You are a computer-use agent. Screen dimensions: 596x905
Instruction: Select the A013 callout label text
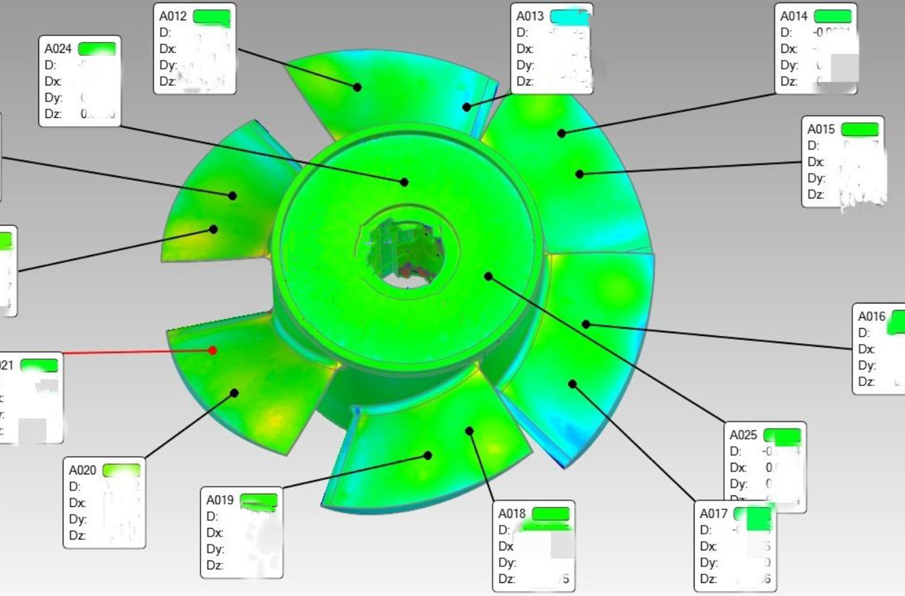(x=530, y=16)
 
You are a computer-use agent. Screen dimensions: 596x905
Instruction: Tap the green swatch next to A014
(x=833, y=16)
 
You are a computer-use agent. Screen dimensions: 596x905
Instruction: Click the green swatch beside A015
(x=859, y=129)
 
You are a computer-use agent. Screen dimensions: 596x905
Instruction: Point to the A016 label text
(x=872, y=316)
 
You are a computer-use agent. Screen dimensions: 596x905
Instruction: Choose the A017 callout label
(x=713, y=513)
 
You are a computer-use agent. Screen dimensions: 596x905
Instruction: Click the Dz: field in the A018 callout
(x=506, y=579)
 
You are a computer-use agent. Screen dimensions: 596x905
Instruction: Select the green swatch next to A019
(x=258, y=500)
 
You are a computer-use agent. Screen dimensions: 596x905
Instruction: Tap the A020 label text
(x=82, y=470)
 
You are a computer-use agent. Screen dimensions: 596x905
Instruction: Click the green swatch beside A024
(x=96, y=49)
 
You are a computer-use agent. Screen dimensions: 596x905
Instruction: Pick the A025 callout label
(x=743, y=435)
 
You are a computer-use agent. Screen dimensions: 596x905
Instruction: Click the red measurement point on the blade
(x=213, y=351)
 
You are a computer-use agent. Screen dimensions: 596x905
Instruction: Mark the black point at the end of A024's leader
(x=404, y=182)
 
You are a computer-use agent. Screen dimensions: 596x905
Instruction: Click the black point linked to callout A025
(x=488, y=277)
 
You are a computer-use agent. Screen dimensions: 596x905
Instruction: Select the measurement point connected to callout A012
(x=357, y=87)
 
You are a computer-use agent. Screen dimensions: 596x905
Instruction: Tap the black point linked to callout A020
(x=234, y=393)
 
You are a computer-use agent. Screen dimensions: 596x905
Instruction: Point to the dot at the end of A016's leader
(x=586, y=324)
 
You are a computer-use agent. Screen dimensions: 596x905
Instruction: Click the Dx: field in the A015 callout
(x=816, y=162)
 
